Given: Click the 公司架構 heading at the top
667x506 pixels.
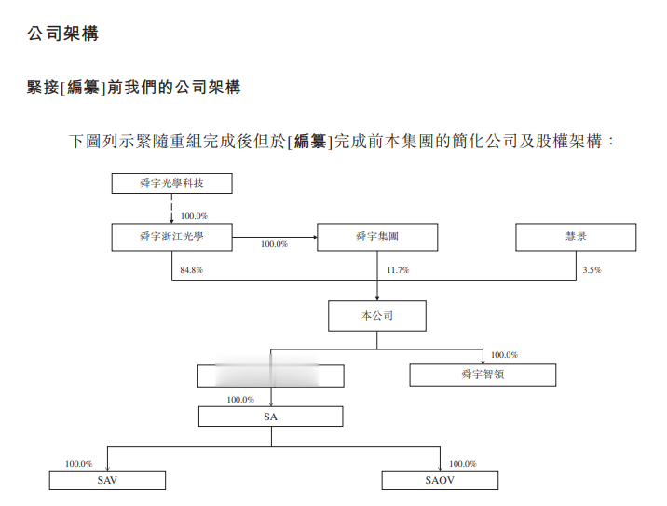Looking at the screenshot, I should pyautogui.click(x=63, y=34).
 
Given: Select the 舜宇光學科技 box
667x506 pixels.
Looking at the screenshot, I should pyautogui.click(x=171, y=184).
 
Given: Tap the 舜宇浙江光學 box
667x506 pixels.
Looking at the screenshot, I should pyautogui.click(x=171, y=238).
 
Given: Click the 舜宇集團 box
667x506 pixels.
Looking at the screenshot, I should pyautogui.click(x=377, y=238).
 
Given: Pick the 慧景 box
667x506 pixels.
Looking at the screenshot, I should pyautogui.click(x=576, y=238).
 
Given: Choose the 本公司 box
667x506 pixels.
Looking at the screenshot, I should pyautogui.click(x=377, y=316).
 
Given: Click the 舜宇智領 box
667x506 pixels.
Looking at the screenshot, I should pyautogui.click(x=483, y=375).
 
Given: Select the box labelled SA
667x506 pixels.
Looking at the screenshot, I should pyautogui.click(x=271, y=417).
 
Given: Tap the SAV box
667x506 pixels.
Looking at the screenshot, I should pyautogui.click(x=107, y=481).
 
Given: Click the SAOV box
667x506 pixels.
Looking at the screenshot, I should pyautogui.click(x=440, y=481).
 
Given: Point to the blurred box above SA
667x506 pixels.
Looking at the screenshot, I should pyautogui.click(x=271, y=376).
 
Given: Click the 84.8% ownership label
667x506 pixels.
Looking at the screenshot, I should pyautogui.click(x=192, y=270).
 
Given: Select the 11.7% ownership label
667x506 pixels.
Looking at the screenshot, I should pyautogui.click(x=398, y=270).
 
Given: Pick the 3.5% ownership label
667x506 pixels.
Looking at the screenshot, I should pyautogui.click(x=592, y=270).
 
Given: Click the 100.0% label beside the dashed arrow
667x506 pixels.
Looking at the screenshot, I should pyautogui.click(x=194, y=215).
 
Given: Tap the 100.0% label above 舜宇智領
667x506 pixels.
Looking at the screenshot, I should pyautogui.click(x=504, y=355).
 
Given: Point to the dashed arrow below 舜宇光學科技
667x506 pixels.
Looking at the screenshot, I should pyautogui.click(x=171, y=209).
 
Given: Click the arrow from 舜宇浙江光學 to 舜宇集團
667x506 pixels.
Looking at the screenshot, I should pyautogui.click(x=274, y=238).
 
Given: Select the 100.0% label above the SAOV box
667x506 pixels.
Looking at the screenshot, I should pyautogui.click(x=462, y=463).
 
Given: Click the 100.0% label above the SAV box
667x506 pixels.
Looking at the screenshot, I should pyautogui.click(x=78, y=463).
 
